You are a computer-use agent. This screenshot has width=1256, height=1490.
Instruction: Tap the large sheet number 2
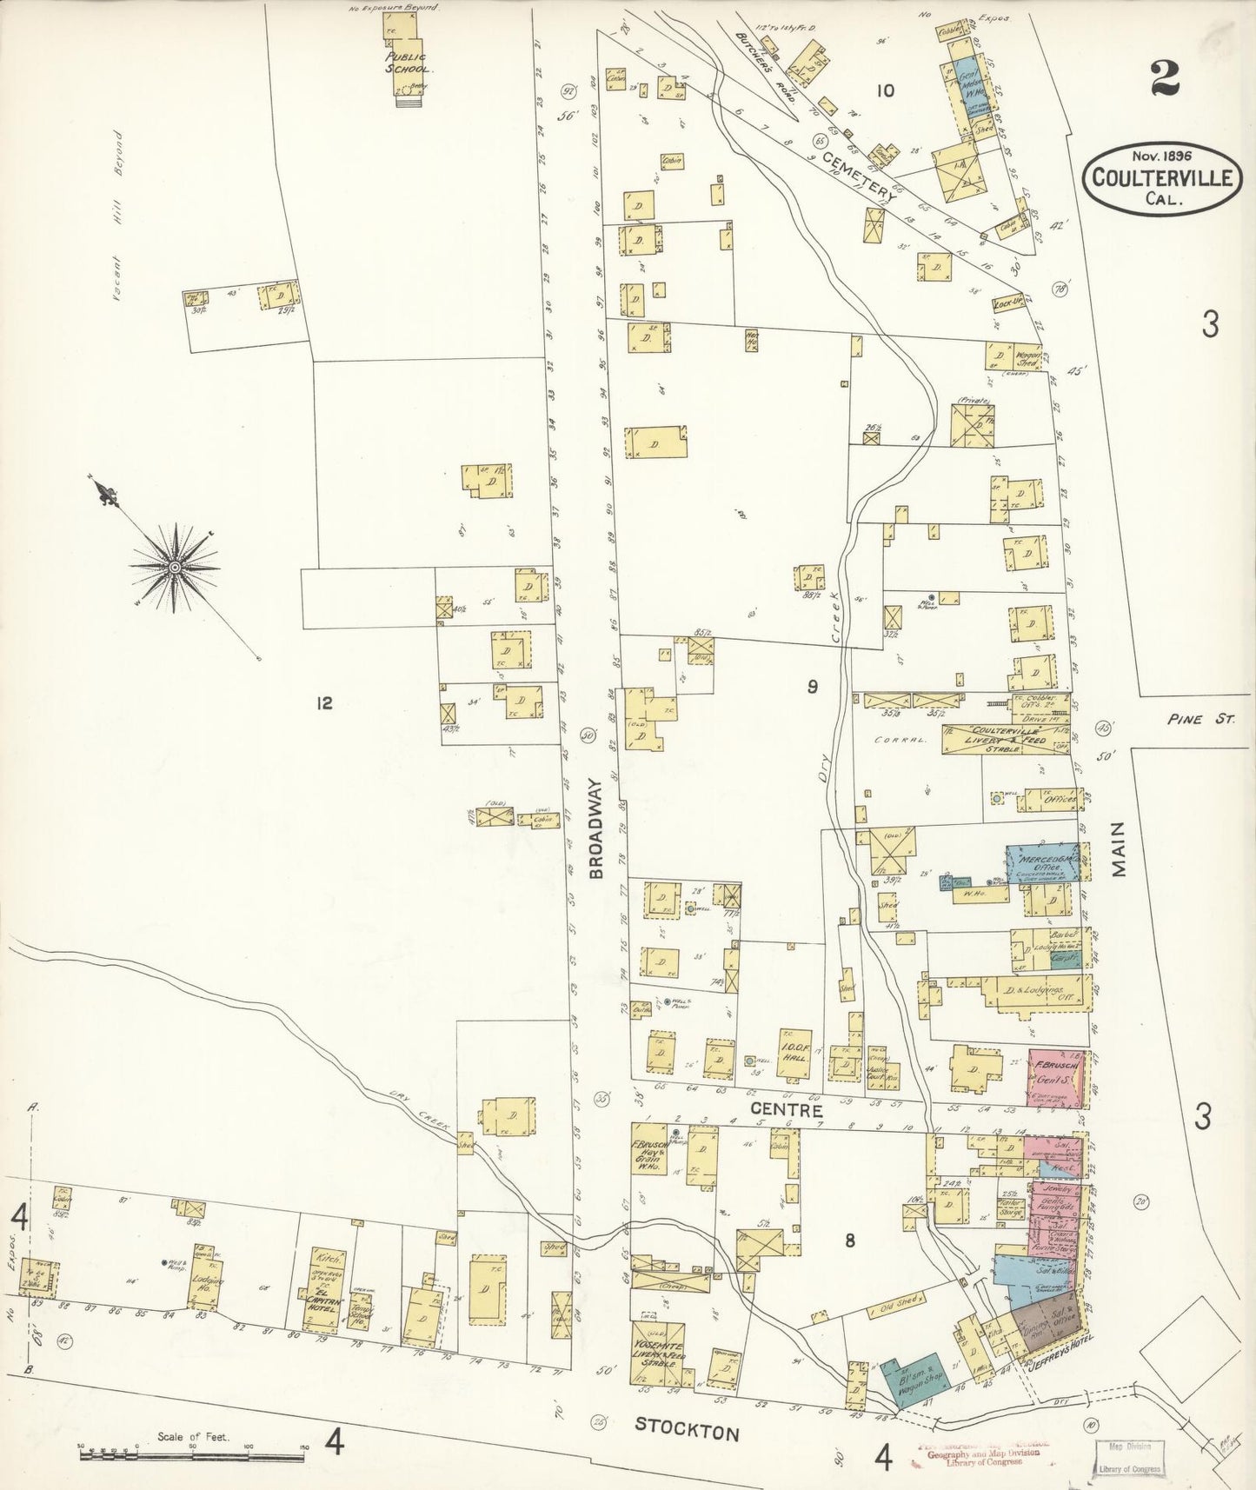pyautogui.click(x=1163, y=80)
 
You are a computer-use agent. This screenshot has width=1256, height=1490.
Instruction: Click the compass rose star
pyautogui.click(x=175, y=568)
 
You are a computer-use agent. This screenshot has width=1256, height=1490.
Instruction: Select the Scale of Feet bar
pyautogui.click(x=192, y=1449)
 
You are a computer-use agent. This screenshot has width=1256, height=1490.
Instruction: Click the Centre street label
pyautogui.click(x=786, y=1110)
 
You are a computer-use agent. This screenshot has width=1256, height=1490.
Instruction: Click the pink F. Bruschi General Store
pyautogui.click(x=1054, y=1079)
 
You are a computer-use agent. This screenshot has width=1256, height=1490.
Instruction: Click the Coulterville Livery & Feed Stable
pyautogui.click(x=1004, y=738)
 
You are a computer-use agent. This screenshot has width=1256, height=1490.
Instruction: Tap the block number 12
pyautogui.click(x=323, y=703)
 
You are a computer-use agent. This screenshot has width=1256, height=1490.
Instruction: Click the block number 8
pyautogui.click(x=849, y=1241)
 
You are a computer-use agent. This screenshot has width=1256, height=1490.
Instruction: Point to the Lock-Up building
pyautogui.click(x=1007, y=304)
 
